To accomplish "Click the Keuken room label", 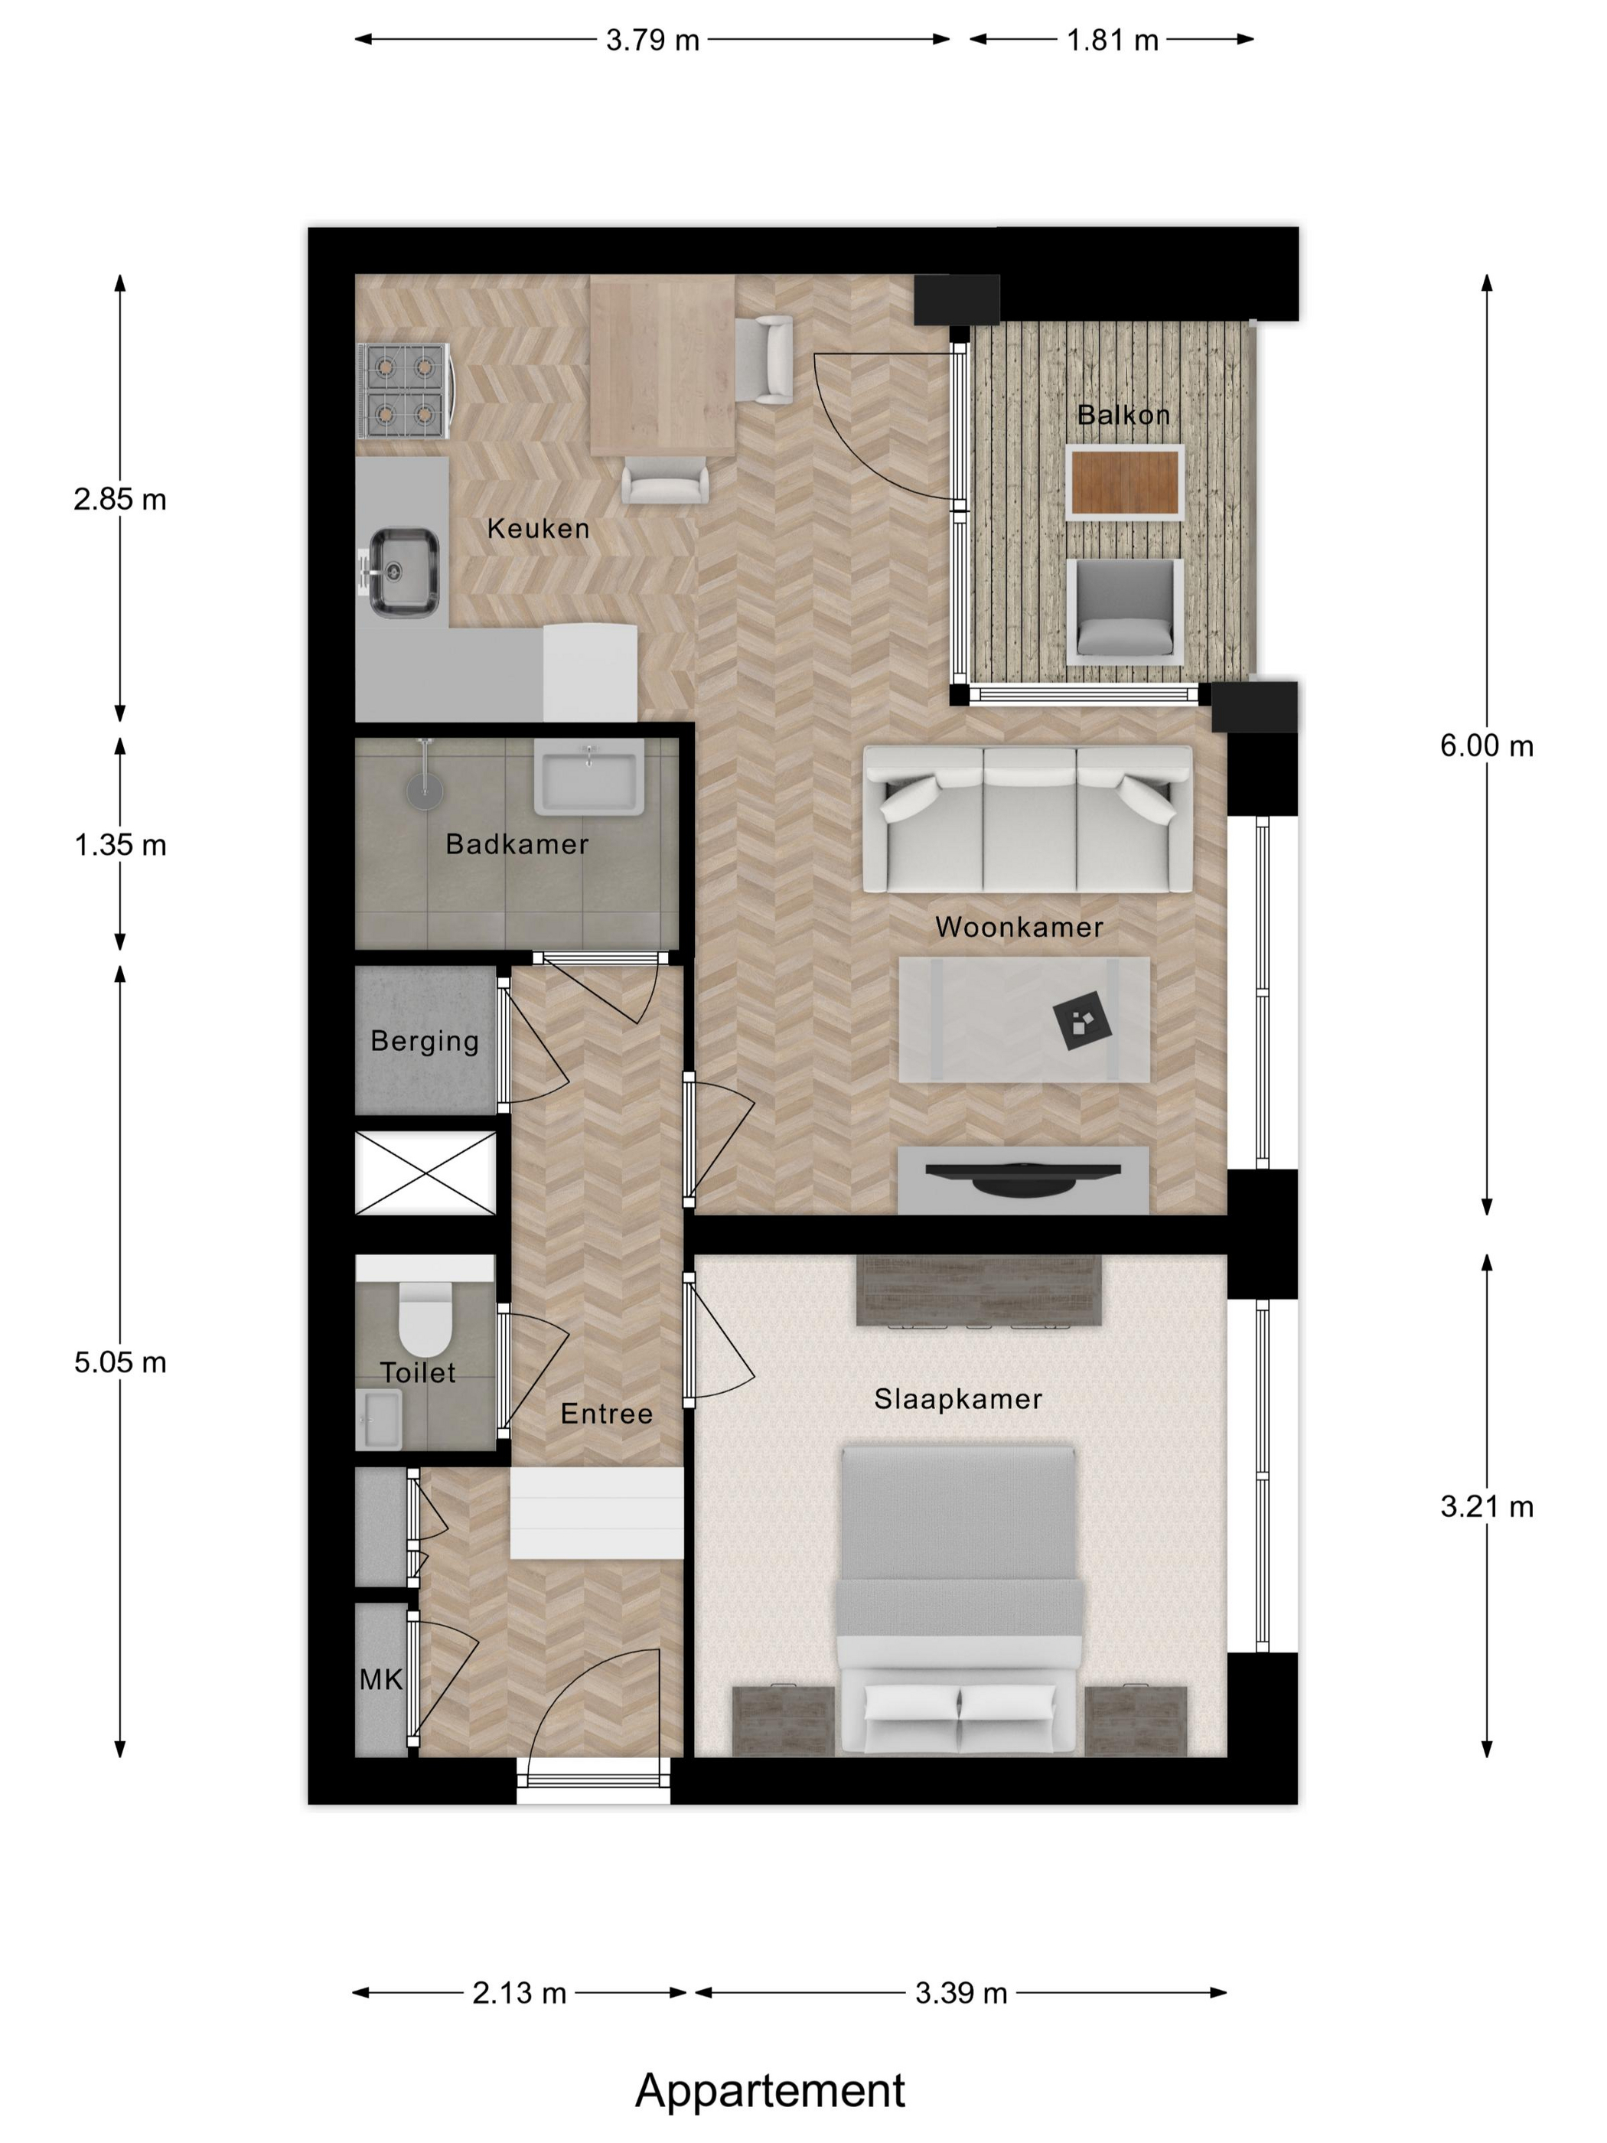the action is (x=538, y=528).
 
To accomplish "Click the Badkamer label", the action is (x=517, y=844).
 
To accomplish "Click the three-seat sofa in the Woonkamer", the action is (x=1028, y=819).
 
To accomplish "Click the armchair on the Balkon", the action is (x=1125, y=612).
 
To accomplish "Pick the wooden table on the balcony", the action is (x=1125, y=482).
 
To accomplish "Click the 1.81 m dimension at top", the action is (x=1112, y=40).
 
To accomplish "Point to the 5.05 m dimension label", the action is (x=120, y=1362).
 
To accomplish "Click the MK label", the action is (x=380, y=1679).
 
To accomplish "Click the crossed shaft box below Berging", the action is (x=425, y=1173).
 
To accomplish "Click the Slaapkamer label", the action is (x=958, y=1399).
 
